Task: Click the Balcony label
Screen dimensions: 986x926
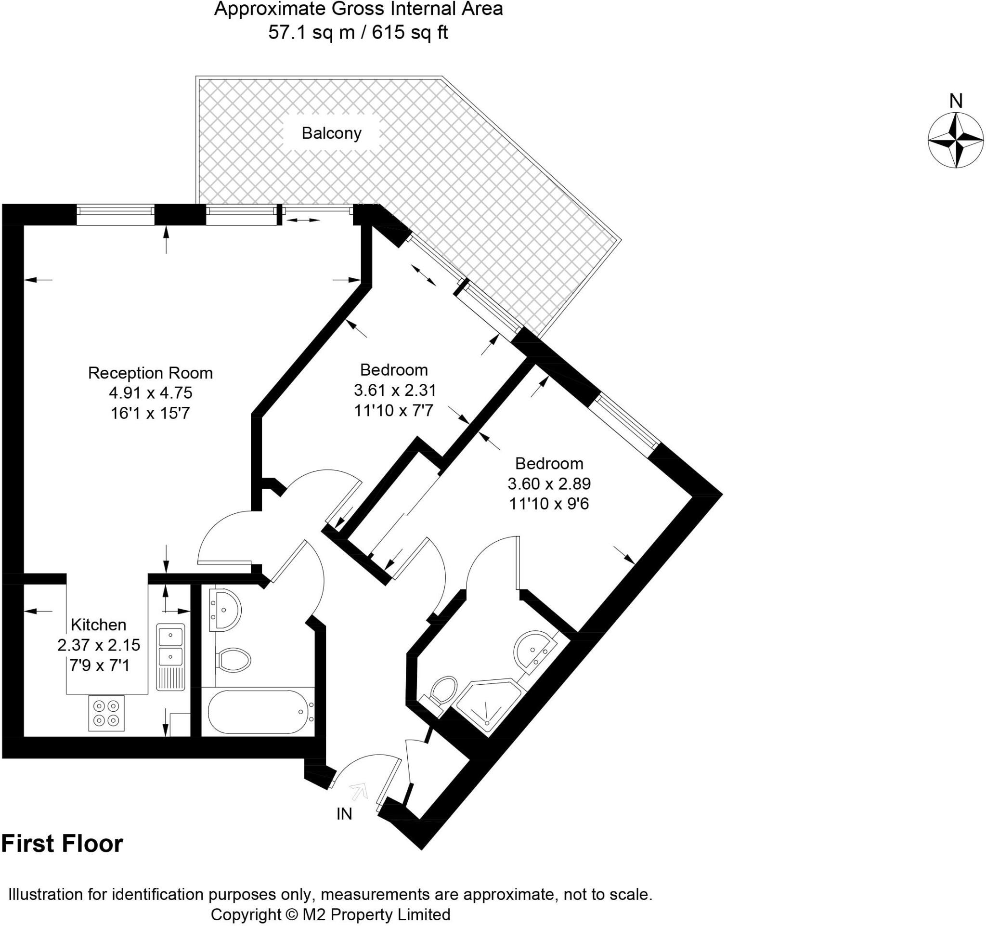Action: pos(331,133)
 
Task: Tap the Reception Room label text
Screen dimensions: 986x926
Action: pos(150,373)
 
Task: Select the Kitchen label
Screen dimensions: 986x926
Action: pos(99,625)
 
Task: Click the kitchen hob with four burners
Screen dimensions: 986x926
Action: pos(106,713)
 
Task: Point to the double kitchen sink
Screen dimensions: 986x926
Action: pos(170,646)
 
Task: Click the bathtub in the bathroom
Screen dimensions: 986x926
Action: pos(258,712)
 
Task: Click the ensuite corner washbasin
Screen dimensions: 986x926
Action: pos(533,650)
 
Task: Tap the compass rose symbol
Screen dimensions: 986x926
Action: pos(955,140)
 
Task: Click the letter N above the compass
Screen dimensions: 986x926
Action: pos(956,101)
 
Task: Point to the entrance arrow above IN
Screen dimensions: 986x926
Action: pos(359,791)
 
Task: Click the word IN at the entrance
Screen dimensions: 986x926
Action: pos(344,814)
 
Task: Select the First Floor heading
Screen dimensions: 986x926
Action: pos(63,844)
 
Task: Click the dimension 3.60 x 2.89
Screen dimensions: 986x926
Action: pos(549,483)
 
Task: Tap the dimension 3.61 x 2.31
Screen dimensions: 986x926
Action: pos(395,391)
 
